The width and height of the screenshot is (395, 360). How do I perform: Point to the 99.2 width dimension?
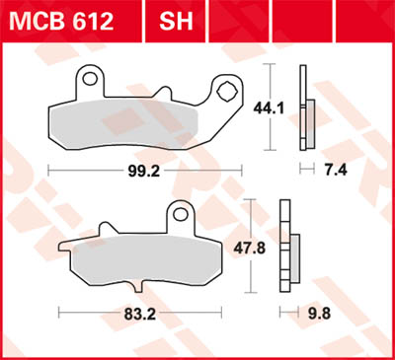(147, 170)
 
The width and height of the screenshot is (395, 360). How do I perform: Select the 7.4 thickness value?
(337, 170)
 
